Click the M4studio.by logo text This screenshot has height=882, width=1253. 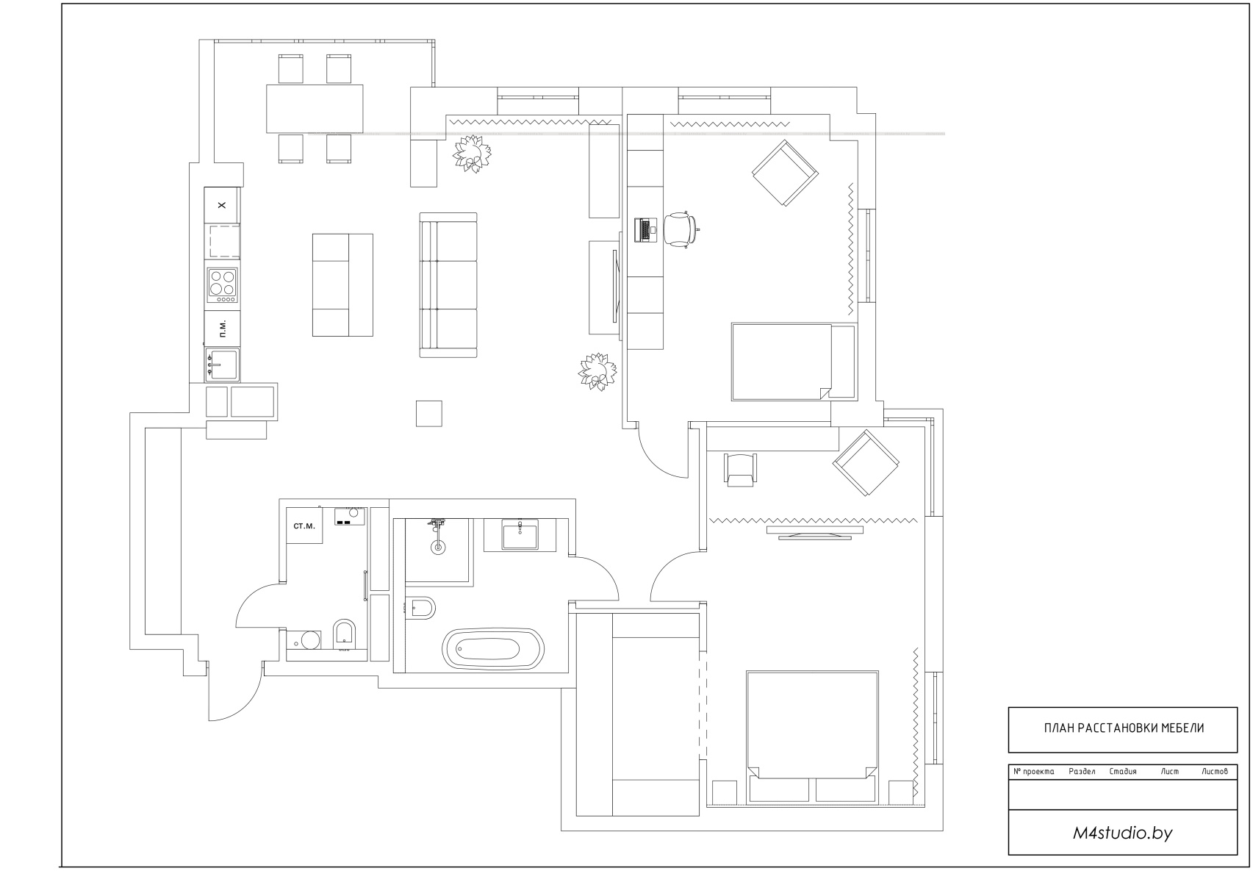pos(1122,833)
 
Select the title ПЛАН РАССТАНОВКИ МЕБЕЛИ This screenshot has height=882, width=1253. pos(1124,728)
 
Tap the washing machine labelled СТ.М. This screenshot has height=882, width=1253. pos(304,526)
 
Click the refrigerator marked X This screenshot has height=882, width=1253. pos(222,205)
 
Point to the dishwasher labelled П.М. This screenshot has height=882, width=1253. pos(222,329)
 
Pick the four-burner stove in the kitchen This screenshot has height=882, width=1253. pos(222,285)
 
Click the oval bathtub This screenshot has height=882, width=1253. pos(493,649)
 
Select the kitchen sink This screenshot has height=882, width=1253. pos(222,364)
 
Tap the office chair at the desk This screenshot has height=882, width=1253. pos(681,229)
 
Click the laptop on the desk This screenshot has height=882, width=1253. pos(645,230)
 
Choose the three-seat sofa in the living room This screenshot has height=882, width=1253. pos(448,284)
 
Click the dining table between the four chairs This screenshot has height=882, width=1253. pos(315,109)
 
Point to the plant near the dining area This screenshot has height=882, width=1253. pos(472,153)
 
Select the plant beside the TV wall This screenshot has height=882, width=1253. pos(597,372)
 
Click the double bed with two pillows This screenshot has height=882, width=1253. pos(811,738)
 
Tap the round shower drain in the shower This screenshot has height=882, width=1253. pos(437,548)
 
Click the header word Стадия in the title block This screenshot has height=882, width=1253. pos(1123,771)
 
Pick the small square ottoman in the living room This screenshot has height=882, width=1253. pos(429,413)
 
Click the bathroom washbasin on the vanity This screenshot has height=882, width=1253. pos(520,534)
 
